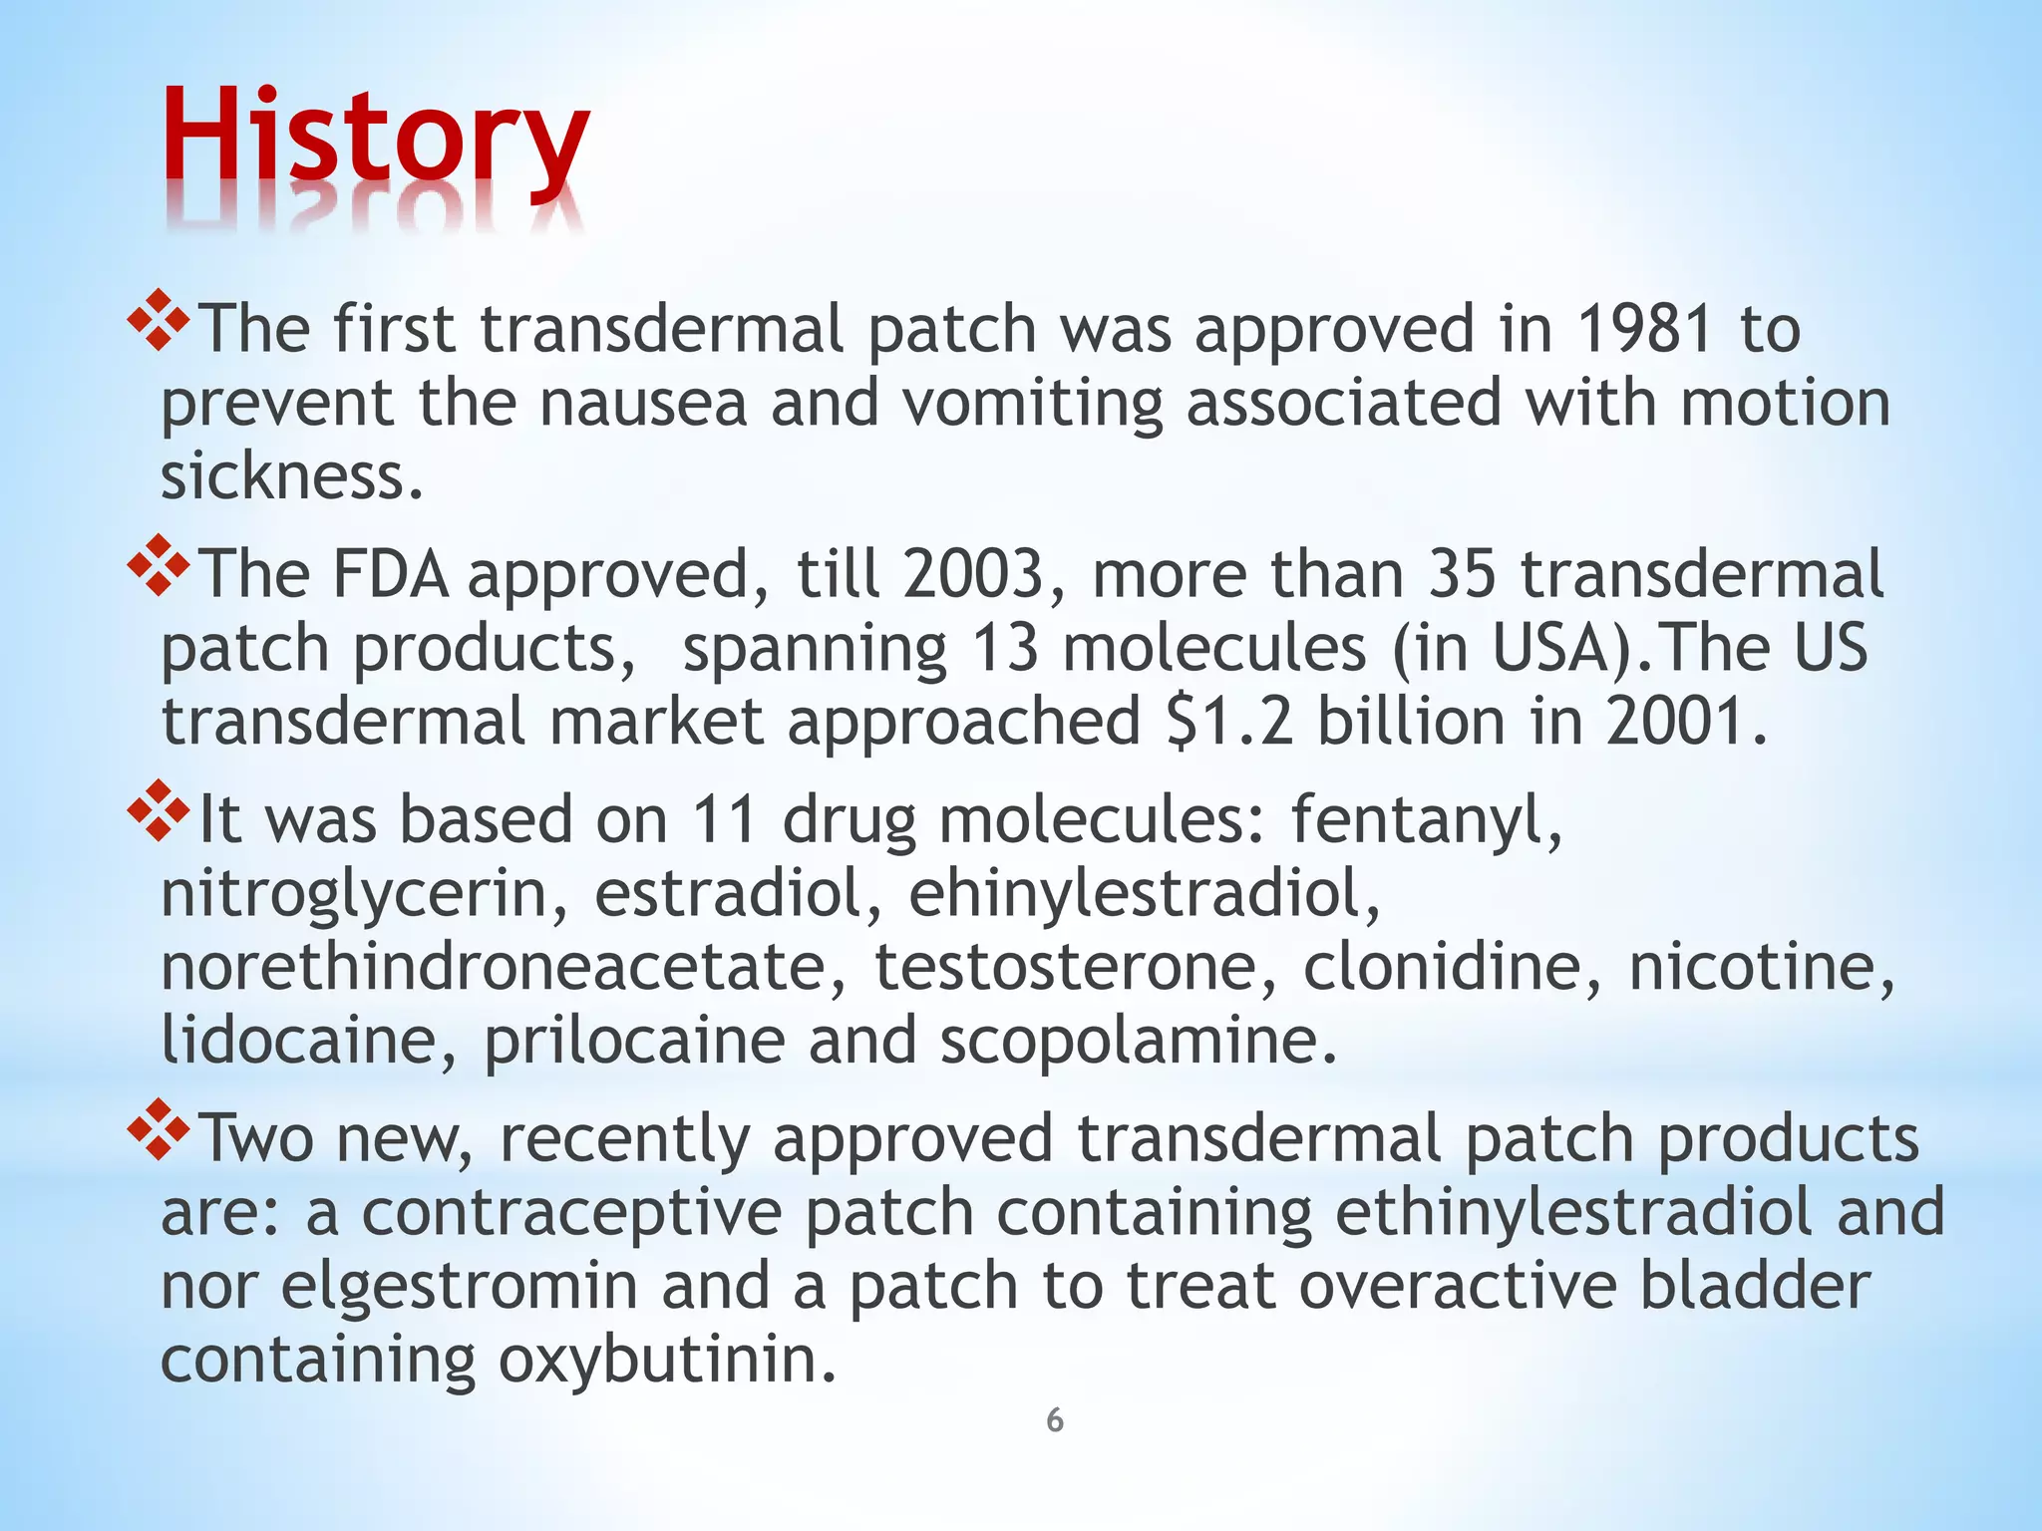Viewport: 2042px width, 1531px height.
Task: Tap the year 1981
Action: tap(1645, 329)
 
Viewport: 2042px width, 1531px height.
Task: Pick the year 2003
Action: tap(972, 575)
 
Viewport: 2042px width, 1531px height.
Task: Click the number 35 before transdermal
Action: tap(1463, 575)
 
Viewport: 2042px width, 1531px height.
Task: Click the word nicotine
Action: tap(1761, 967)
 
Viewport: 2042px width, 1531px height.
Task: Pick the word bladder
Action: tap(1755, 1286)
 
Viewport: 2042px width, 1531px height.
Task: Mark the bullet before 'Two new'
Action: tap(159, 1129)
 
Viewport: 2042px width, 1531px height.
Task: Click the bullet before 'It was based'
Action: tap(159, 811)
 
